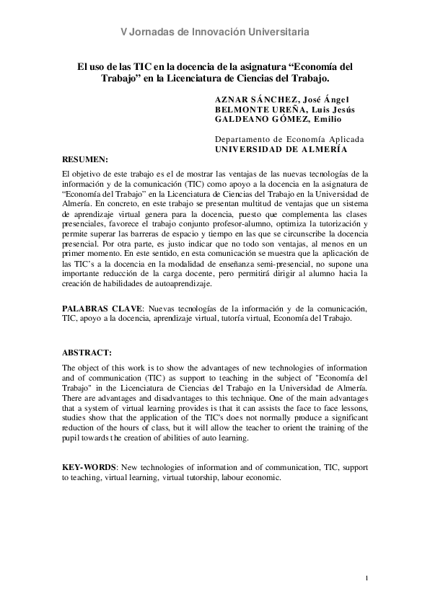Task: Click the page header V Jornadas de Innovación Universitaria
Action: click(215, 32)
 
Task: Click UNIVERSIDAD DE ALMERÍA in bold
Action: click(281, 149)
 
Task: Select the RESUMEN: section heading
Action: click(85, 158)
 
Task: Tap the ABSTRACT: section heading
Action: click(87, 353)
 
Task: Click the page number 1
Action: click(367, 579)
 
